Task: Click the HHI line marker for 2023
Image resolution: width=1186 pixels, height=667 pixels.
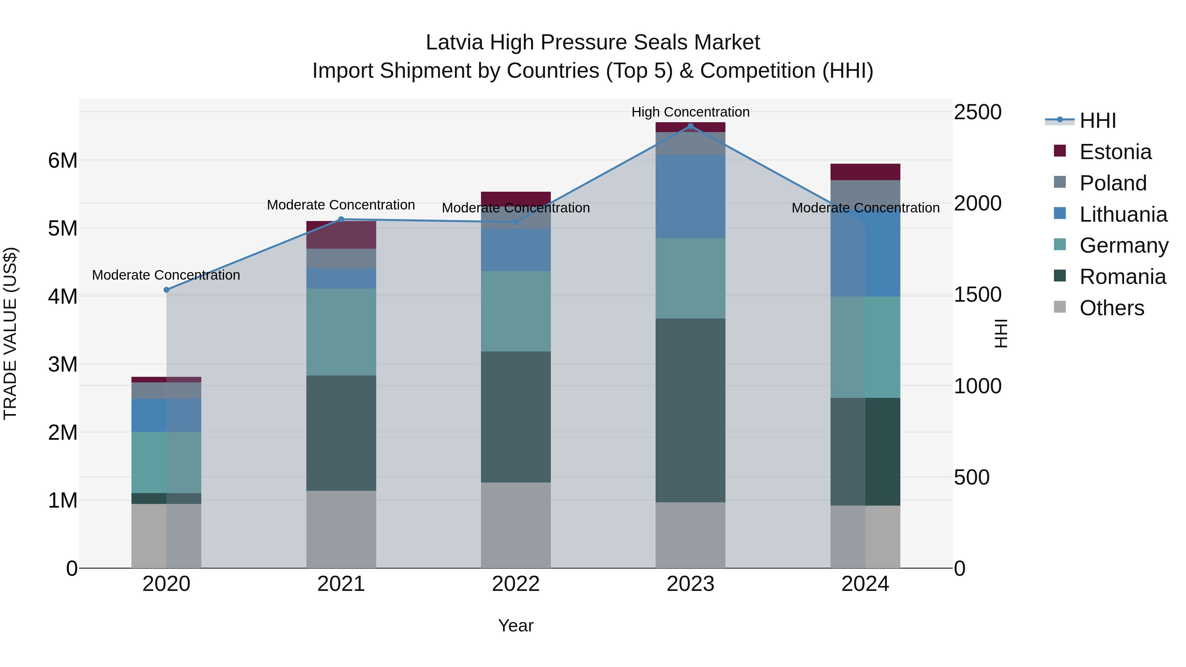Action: [690, 126]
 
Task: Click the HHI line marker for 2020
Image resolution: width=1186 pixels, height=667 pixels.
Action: [167, 290]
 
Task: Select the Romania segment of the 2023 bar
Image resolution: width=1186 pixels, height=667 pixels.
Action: [690, 410]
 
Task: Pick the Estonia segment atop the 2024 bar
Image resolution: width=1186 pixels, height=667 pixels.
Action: [865, 172]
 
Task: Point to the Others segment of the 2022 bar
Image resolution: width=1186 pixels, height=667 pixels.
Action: [516, 525]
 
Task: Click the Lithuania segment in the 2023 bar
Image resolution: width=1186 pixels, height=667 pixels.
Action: [690, 197]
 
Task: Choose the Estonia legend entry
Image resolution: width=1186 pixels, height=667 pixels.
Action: [1115, 152]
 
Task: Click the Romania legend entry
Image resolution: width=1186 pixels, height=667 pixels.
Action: [1122, 277]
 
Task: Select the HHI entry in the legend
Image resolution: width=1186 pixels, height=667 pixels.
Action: [1098, 121]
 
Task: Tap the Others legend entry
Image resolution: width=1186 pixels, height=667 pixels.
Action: [1112, 308]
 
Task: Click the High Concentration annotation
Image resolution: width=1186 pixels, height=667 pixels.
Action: [690, 112]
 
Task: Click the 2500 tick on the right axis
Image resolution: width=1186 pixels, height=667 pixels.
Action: [977, 112]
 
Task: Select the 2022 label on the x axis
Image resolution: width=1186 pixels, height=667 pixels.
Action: [516, 584]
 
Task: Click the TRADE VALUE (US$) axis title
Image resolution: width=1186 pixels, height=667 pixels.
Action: [10, 333]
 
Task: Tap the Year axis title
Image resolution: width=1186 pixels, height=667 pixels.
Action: [516, 625]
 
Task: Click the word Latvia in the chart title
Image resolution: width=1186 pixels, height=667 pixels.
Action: [455, 42]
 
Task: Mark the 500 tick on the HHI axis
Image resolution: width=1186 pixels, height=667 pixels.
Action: [972, 477]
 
